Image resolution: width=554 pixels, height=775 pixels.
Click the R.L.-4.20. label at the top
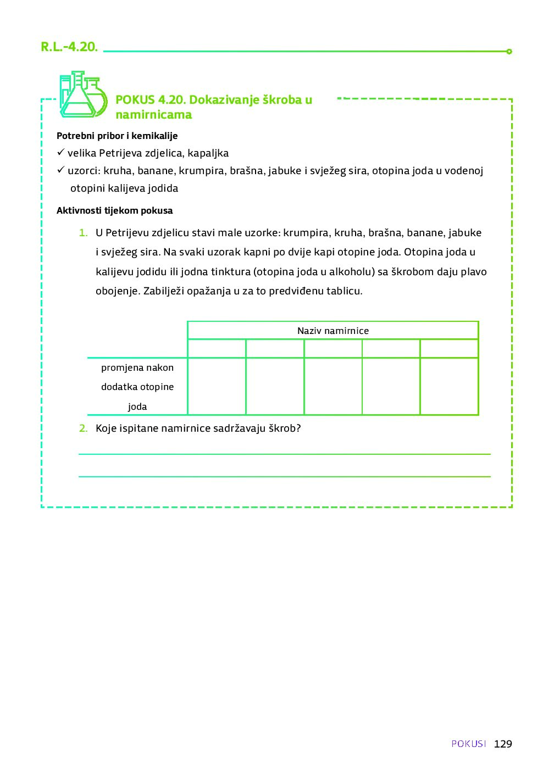point(69,47)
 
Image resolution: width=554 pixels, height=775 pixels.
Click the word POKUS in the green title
point(135,100)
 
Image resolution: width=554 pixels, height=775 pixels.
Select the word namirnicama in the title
point(154,115)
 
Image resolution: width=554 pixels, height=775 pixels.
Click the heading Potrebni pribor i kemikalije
point(117,136)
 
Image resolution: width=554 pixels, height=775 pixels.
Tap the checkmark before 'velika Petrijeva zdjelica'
point(61,152)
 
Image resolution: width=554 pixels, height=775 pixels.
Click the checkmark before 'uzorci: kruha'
point(61,170)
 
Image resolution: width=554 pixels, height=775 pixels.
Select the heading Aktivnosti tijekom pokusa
point(114,210)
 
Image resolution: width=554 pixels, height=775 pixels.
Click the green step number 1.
point(83,233)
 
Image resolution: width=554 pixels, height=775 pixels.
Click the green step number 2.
point(83,428)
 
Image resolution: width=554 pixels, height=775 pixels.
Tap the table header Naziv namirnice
point(333,331)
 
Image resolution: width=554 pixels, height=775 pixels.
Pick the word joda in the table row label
point(137,406)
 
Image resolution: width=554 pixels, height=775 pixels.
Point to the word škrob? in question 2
point(285,428)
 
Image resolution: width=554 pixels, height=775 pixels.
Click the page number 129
point(503,744)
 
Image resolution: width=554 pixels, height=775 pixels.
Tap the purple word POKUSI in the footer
point(469,744)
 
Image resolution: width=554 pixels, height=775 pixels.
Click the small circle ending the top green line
point(509,52)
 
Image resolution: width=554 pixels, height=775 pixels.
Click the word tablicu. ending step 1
point(345,291)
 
